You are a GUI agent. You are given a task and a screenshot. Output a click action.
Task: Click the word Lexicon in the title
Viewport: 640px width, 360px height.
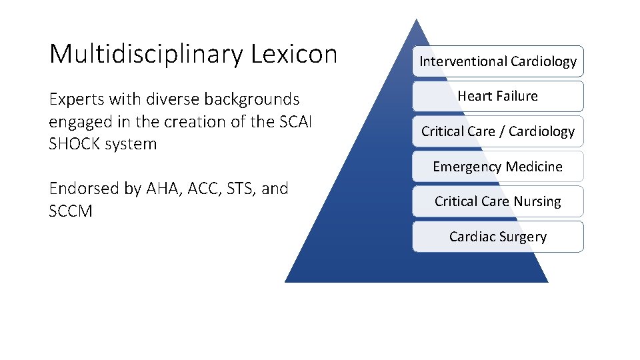click(294, 54)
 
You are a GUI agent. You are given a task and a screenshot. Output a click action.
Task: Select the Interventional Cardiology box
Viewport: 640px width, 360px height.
click(497, 61)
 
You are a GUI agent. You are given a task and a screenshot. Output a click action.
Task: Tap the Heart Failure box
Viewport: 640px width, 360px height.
click(497, 96)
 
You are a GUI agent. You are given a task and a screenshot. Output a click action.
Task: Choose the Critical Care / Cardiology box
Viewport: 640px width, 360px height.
click(497, 131)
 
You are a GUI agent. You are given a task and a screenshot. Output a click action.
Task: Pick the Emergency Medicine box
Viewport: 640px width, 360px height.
click(497, 167)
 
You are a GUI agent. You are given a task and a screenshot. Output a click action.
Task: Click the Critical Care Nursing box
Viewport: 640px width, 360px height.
click(497, 201)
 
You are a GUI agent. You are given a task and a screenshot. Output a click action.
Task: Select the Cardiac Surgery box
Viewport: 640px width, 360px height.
click(497, 237)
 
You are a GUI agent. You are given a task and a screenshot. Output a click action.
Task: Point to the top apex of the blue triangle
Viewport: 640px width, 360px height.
click(417, 21)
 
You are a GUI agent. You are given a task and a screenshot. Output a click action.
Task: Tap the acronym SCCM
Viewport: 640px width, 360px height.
click(71, 211)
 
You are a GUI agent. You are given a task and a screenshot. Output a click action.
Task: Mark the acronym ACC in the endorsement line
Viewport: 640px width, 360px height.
click(199, 189)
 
